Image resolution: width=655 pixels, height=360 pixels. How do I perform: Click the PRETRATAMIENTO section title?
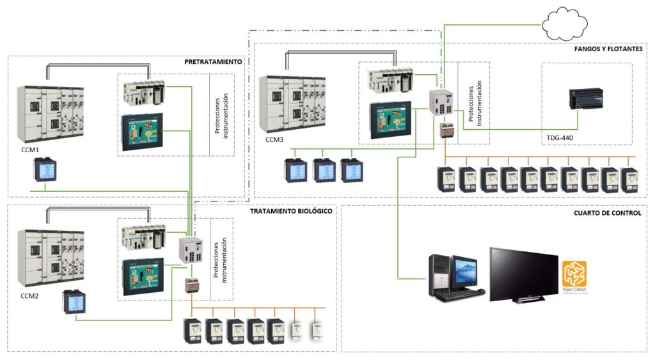(x=213, y=62)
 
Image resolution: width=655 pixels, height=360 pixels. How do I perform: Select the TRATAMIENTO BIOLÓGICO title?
(x=291, y=211)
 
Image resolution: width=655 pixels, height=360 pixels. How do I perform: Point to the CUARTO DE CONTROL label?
(x=608, y=213)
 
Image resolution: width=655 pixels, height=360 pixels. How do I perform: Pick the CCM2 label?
(x=30, y=296)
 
